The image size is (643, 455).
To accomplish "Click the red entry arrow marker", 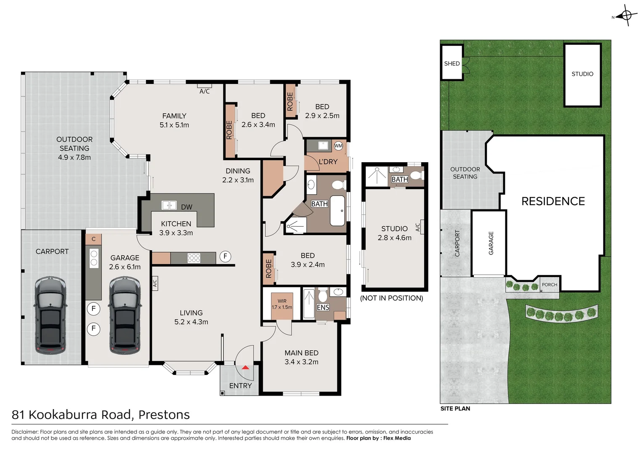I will tap(245, 367).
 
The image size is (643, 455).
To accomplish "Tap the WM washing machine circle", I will tap(338, 146).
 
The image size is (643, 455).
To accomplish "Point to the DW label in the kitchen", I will tap(186, 207).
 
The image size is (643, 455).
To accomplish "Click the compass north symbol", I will tap(626, 16).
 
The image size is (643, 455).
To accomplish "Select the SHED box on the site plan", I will tap(452, 63).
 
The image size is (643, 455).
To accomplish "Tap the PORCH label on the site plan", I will tap(549, 285).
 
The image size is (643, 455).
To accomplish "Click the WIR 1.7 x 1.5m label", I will tap(282, 304).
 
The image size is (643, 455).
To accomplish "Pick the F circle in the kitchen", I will tap(225, 256).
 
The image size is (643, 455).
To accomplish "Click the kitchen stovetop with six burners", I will tap(194, 258).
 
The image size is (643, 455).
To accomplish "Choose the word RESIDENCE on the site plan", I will tap(553, 201).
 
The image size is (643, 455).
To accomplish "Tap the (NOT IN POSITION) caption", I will tap(391, 298).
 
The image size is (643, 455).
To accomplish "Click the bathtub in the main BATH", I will tap(337, 210).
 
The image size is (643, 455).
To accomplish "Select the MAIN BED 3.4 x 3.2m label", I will tap(301, 357).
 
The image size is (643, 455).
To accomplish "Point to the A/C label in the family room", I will tap(205, 91).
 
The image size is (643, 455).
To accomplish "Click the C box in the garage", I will tap(93, 239).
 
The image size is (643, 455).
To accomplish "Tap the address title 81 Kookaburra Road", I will tap(101, 415).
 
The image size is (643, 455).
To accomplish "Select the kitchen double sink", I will tap(169, 205).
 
